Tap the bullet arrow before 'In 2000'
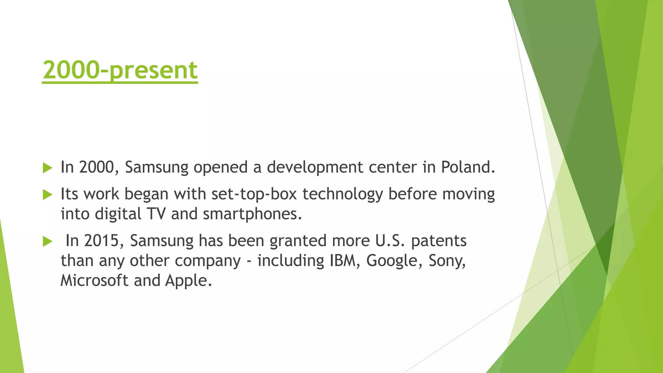point(48,168)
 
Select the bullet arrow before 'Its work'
point(48,195)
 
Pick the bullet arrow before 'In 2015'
point(48,241)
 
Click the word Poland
point(468,167)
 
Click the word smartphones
point(252,214)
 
